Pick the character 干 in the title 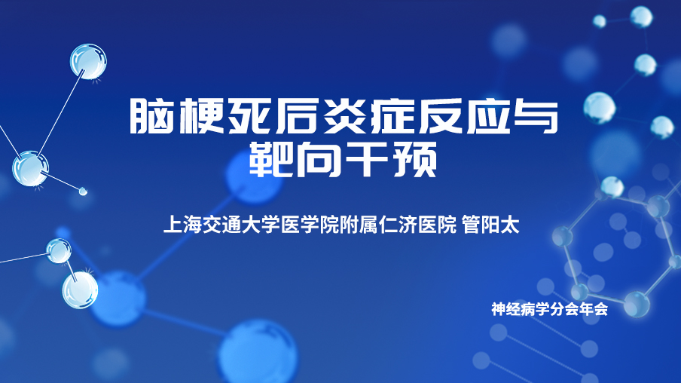(366, 160)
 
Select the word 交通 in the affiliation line (222, 225)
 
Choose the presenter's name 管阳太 (490, 225)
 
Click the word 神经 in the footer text (506, 309)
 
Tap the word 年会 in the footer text (594, 309)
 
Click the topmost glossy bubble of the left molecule (88, 61)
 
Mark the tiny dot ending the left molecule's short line (83, 191)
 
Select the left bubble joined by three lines (30, 169)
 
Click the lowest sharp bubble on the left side (80, 290)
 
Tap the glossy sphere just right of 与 (600, 108)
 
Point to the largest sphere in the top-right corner (641, 17)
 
